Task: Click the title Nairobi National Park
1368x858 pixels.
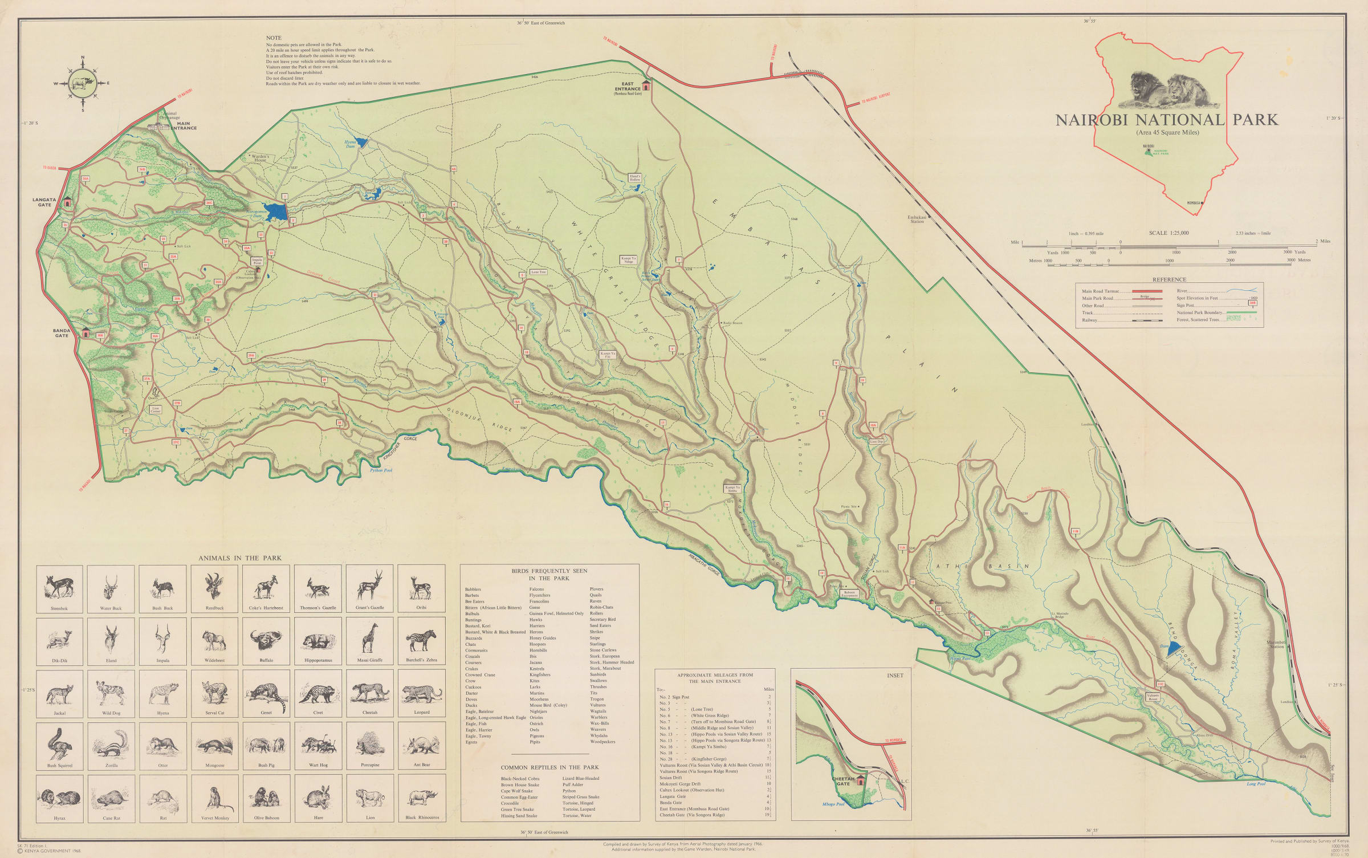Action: [x=1166, y=120]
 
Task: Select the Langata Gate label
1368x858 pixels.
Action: [x=44, y=202]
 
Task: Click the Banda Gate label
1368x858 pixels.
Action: [x=62, y=333]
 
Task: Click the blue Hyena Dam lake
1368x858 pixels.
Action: [x=362, y=143]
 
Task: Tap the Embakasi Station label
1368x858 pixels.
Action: [x=917, y=219]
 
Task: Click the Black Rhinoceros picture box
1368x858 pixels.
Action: [x=422, y=798]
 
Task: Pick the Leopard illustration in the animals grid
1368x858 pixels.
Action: [x=422, y=693]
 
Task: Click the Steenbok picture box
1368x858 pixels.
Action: [x=59, y=588]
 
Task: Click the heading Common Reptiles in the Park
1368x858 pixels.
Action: [x=549, y=767]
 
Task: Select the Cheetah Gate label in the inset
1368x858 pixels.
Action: [x=843, y=781]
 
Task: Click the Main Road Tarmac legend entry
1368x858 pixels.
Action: [x=1100, y=291]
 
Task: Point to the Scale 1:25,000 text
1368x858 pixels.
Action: [x=1168, y=233]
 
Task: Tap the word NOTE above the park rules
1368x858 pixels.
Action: [x=274, y=38]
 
